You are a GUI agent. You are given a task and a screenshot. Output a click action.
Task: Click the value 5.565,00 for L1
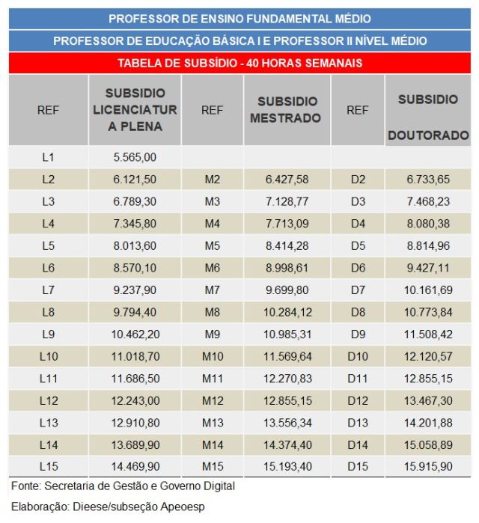[x=135, y=157]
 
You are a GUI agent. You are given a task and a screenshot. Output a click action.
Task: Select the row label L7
[x=49, y=290]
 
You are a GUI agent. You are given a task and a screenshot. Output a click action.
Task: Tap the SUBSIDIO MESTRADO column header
[x=287, y=110]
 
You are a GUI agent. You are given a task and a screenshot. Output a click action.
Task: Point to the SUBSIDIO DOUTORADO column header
[x=428, y=117]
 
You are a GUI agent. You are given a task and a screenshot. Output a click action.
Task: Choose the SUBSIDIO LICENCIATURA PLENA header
[x=135, y=110]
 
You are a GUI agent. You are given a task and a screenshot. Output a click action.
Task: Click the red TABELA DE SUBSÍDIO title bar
[x=239, y=63]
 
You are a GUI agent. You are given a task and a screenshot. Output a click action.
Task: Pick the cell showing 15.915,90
[x=428, y=467]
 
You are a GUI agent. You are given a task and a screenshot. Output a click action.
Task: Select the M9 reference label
[x=212, y=334]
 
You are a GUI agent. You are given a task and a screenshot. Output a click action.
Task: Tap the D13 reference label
[x=358, y=423]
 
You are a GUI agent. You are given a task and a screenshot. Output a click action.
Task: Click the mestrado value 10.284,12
[x=287, y=312]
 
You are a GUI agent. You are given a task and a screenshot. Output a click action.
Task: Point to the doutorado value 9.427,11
[x=428, y=268]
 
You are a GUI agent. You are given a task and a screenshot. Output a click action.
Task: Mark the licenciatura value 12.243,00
[x=135, y=400]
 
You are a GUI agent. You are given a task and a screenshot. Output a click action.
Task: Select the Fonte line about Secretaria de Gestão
[x=123, y=486]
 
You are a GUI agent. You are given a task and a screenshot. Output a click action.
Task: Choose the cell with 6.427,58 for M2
[x=287, y=180]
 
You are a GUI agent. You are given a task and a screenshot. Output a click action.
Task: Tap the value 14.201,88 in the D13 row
[x=428, y=423]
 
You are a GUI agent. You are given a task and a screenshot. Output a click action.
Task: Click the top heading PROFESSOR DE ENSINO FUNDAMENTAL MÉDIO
[x=239, y=19]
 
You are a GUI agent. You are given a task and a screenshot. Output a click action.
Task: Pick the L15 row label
[x=49, y=467]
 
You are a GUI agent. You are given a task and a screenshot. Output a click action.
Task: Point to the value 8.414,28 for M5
[x=287, y=245]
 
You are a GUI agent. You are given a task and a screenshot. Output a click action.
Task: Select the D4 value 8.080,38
[x=428, y=224]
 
